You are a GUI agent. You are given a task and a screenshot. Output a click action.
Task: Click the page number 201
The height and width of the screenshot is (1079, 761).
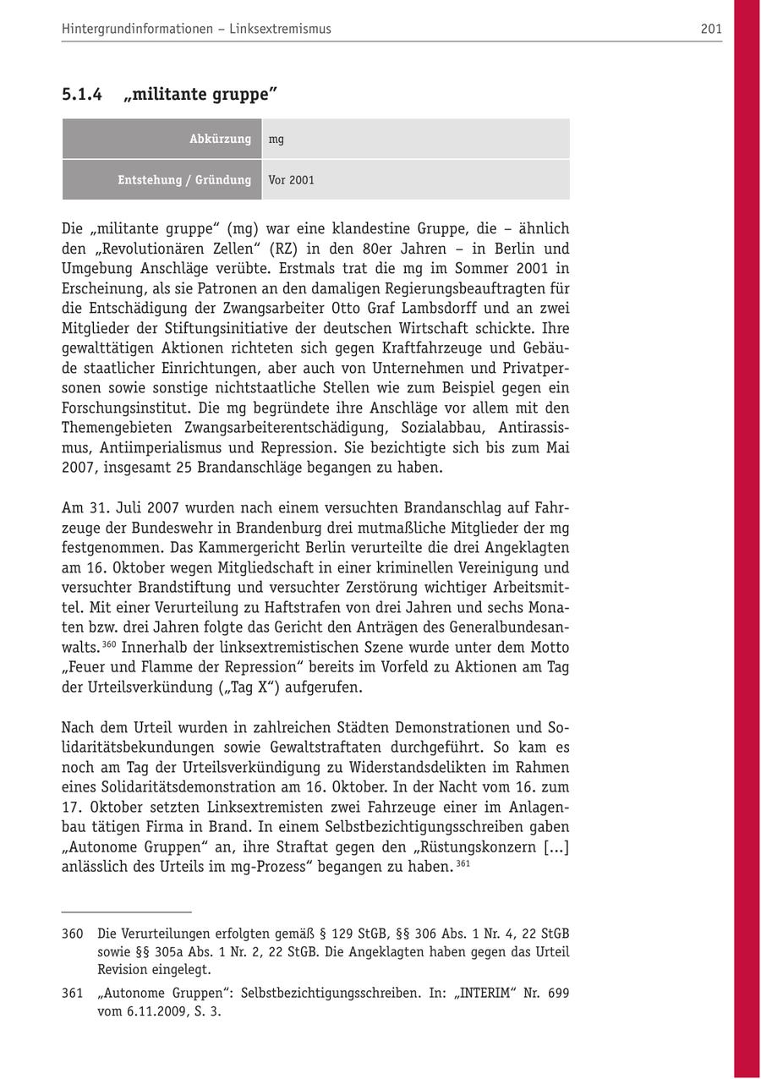pyautogui.click(x=711, y=29)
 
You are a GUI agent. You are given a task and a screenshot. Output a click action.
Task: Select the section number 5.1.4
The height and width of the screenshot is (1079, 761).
pyautogui.click(x=81, y=95)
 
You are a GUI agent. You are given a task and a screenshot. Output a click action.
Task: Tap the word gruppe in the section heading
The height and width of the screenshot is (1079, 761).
pyautogui.click(x=239, y=95)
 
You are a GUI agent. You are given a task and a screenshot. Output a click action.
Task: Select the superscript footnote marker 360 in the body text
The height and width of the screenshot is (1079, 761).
pyautogui.click(x=108, y=644)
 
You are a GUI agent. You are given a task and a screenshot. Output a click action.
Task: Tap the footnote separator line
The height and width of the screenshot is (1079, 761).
pyautogui.click(x=127, y=912)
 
